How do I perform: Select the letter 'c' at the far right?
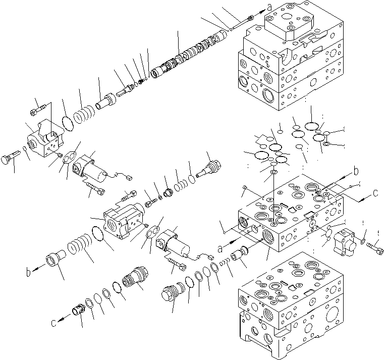tap(375, 192)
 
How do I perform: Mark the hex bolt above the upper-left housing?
tap(40, 107)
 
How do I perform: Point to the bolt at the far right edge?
tap(374, 248)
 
